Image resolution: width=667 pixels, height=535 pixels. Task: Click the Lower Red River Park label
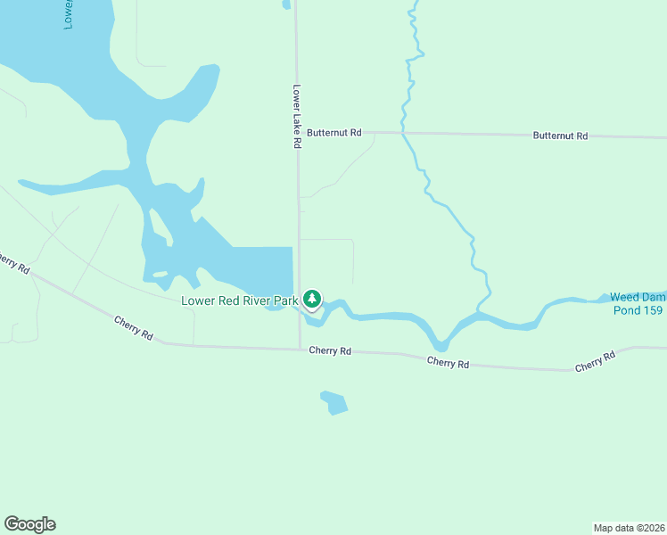(239, 300)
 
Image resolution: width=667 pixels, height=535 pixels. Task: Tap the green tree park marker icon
(312, 299)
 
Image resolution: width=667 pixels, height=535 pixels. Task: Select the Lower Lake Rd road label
(296, 117)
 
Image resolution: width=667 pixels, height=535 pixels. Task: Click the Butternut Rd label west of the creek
(333, 133)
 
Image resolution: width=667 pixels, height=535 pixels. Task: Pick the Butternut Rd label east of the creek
(560, 136)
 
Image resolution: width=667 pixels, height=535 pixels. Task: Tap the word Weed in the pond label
(623, 298)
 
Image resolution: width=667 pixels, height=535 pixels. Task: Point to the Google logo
(29, 524)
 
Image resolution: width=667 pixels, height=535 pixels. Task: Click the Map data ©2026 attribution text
(629, 527)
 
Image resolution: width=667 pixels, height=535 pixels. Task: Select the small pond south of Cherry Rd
(334, 402)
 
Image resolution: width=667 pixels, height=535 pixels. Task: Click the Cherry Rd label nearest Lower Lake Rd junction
(330, 351)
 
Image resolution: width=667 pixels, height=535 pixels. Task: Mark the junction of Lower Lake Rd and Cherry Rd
(299, 349)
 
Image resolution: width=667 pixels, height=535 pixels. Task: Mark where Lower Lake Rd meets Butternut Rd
(298, 132)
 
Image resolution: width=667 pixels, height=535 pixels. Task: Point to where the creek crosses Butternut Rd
(403, 133)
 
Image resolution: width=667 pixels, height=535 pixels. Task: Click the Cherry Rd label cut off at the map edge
(13, 263)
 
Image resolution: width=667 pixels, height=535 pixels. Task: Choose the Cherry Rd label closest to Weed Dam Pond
(595, 361)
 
